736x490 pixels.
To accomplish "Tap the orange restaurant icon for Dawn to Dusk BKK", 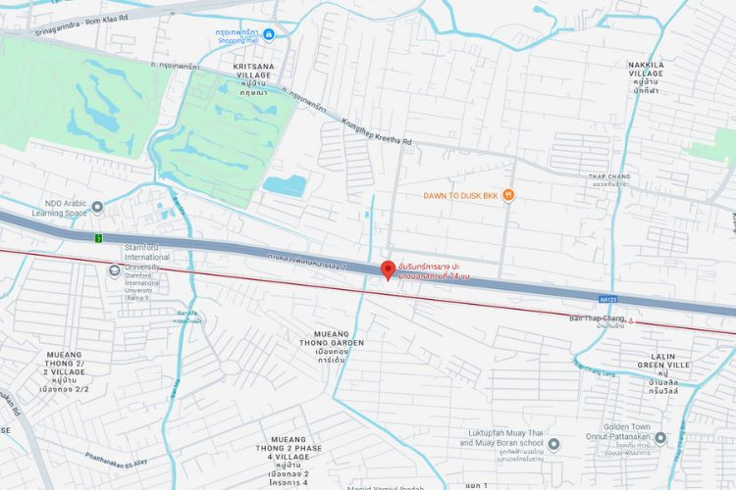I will (x=508, y=195).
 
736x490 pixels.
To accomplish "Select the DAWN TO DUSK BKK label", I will (x=461, y=196).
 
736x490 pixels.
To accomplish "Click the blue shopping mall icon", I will (x=269, y=35).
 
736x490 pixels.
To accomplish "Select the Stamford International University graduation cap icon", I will (x=114, y=269).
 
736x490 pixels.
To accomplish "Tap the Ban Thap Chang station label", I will (x=596, y=318).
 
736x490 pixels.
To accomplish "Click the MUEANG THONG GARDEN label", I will (x=332, y=344).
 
